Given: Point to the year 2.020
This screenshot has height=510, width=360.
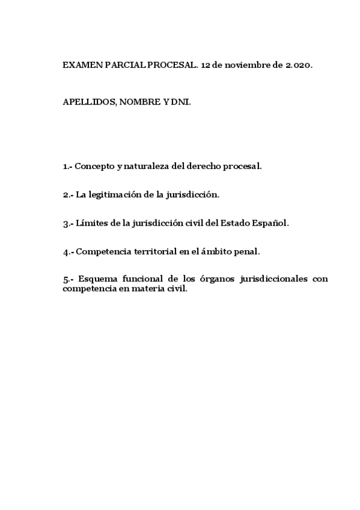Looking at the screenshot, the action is (x=297, y=66).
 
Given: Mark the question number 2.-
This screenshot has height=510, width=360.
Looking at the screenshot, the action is (x=68, y=195).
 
